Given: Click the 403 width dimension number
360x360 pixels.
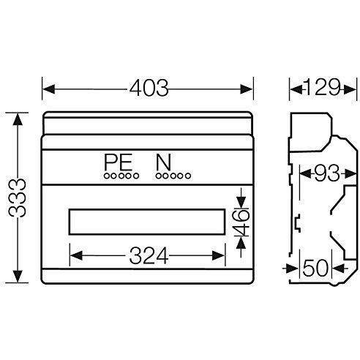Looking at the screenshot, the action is coord(149,88).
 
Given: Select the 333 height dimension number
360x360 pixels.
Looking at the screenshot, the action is coord(18,198).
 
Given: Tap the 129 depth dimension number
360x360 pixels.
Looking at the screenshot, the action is coord(322,87).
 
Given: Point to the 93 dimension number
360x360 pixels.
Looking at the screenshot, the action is coord(327,173).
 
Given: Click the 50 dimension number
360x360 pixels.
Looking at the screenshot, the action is coord(315,268).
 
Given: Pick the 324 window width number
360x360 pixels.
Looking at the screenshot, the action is coord(149,255).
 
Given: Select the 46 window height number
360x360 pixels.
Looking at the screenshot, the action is coord(241,222).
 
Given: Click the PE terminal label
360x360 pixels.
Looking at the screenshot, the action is coord(119,162).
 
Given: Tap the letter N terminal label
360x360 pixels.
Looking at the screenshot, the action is coord(163,162).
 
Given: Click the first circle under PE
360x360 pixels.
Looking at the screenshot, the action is coord(107,176).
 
